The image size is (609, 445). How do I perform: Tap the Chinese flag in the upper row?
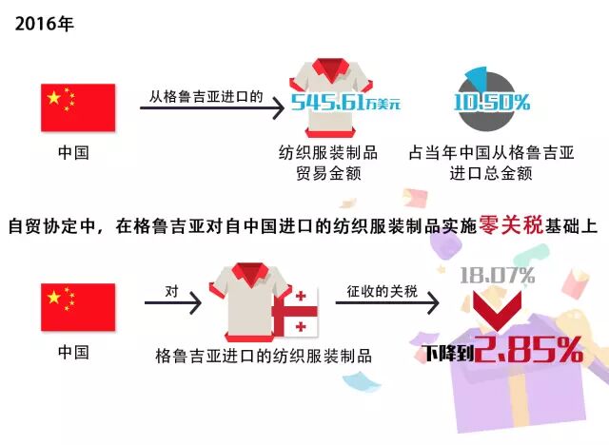point(76,107)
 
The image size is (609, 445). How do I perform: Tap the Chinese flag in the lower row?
point(76,306)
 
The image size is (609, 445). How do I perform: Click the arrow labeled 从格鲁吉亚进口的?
point(211,110)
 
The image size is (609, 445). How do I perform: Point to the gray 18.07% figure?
point(497,277)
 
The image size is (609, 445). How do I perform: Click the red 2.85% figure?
point(530,352)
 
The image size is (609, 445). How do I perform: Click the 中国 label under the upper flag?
point(76,151)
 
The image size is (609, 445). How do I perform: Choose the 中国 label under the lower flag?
point(76,351)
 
